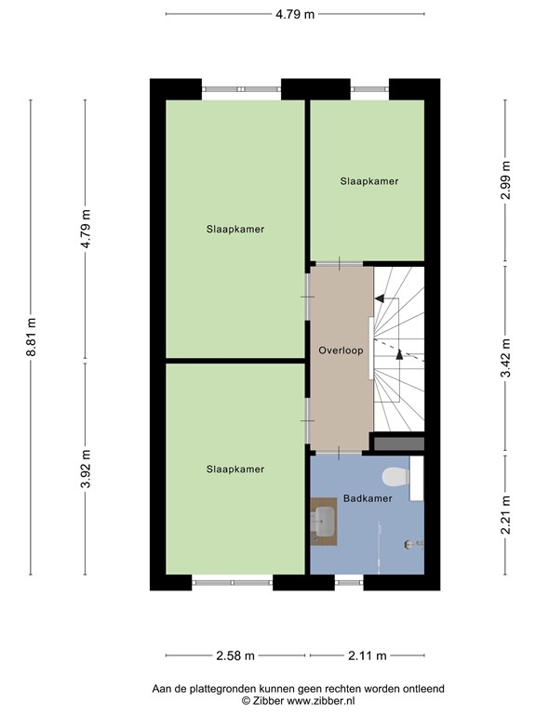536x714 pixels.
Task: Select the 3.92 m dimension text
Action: (x=86, y=468)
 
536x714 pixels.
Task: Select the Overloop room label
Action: (x=341, y=351)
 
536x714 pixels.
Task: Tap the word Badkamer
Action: (x=367, y=498)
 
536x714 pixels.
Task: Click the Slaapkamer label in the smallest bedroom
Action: (x=368, y=181)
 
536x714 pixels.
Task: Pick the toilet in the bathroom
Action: (x=397, y=476)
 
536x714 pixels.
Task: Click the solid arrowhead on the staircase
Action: (x=379, y=299)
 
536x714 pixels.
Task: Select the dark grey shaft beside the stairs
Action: (x=397, y=443)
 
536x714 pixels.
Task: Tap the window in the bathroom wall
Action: (x=349, y=583)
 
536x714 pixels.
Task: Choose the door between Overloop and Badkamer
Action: (x=340, y=452)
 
